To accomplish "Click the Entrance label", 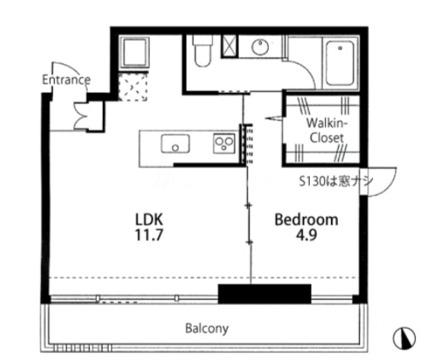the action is click(x=66, y=80).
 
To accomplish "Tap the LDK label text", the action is click(x=148, y=219).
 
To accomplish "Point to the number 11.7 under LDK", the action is click(x=148, y=235).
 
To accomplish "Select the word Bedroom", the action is click(x=306, y=219).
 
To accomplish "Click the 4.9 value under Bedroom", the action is click(x=306, y=235).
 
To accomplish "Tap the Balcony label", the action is click(x=207, y=329).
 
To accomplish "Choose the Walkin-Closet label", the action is click(x=327, y=130).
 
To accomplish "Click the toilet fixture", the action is click(x=203, y=51).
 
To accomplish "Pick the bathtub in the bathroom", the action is click(x=340, y=63).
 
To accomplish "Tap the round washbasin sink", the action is click(x=260, y=47).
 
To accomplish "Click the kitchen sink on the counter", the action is click(x=175, y=144).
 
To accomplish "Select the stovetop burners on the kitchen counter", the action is click(x=224, y=143).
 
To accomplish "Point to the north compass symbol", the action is click(x=404, y=338).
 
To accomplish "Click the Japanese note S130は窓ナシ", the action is click(x=336, y=181).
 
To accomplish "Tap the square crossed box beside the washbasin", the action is click(x=230, y=46).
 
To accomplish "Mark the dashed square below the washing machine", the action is click(x=132, y=86).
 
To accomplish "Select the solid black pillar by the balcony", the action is click(x=264, y=294).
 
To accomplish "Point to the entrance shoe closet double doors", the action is click(x=81, y=116).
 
